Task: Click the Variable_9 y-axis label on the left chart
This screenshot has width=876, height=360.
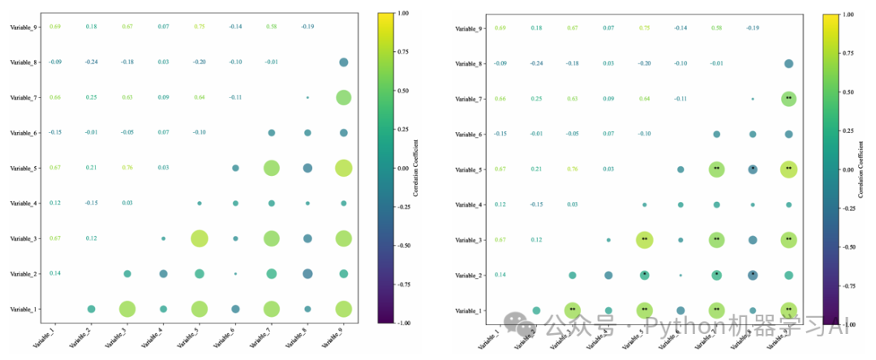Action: [x=22, y=28]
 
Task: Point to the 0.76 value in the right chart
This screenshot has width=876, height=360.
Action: [x=573, y=169]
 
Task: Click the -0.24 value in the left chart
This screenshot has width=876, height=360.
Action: [x=91, y=62]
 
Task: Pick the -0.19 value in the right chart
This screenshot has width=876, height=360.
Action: [x=752, y=28]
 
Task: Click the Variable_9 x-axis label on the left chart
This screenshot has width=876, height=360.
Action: [x=333, y=334]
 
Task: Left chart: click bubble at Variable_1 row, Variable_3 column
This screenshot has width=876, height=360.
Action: [x=127, y=309]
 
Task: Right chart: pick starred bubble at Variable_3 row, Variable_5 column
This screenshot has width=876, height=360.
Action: [x=644, y=239]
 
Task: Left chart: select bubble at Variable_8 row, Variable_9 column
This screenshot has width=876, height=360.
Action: [x=343, y=62]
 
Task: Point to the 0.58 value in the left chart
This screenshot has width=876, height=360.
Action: [x=271, y=27]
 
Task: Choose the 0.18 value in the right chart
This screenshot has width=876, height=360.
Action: [x=537, y=28]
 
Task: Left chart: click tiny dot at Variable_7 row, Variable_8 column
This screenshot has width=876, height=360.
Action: [x=307, y=97]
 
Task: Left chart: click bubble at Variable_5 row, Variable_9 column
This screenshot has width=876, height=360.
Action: [x=343, y=168]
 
